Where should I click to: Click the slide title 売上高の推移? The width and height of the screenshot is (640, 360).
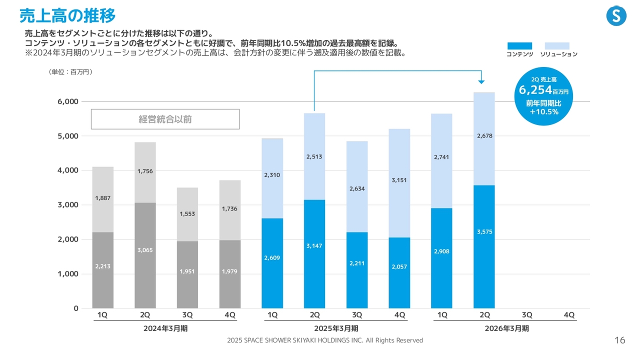67,15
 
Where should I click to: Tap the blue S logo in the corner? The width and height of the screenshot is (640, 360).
616,16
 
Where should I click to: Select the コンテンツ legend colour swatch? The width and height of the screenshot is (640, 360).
519,46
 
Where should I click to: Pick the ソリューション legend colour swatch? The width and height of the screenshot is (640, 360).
557,46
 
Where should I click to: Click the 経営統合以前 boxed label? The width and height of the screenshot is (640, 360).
165,119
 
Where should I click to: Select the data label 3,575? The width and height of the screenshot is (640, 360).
484,232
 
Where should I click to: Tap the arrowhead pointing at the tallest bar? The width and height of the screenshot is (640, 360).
481,81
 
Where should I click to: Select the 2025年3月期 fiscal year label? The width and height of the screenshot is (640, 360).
335,328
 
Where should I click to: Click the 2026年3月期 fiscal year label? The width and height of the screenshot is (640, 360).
506,328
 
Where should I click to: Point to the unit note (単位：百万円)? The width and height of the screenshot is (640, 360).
70,72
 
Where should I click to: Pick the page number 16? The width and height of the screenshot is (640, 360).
619,340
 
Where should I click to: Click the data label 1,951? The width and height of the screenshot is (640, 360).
187,271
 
